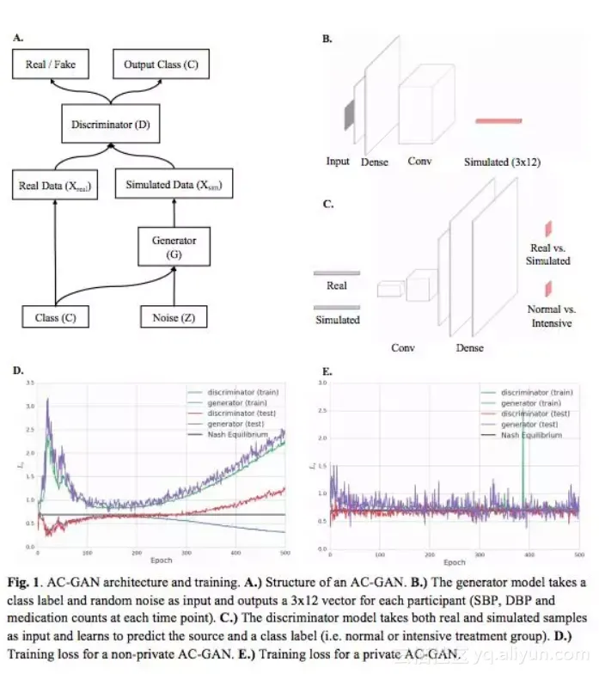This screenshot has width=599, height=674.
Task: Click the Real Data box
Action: (x=54, y=185)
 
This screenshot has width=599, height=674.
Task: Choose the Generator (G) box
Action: (x=174, y=247)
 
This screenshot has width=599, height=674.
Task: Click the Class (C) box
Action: (x=56, y=317)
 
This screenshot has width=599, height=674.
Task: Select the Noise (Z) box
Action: (x=174, y=317)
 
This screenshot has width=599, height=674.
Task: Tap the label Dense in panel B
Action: (x=375, y=162)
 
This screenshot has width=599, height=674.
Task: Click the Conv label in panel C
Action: (x=403, y=347)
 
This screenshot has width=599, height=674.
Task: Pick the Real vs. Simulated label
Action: (x=549, y=254)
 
